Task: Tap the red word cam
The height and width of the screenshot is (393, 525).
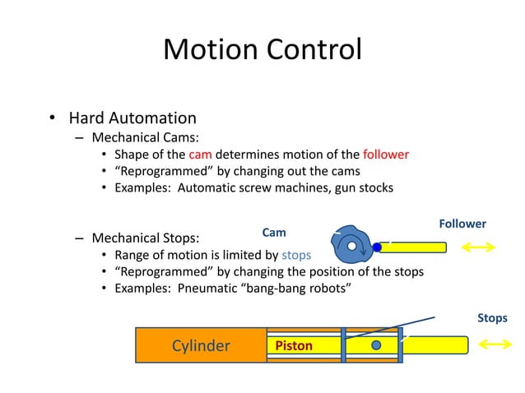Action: (200, 154)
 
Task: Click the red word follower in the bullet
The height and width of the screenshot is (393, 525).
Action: (385, 154)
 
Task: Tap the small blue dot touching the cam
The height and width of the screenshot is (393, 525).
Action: (377, 247)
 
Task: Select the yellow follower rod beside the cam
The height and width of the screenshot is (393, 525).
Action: (416, 247)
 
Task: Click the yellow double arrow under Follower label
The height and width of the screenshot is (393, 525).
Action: (478, 247)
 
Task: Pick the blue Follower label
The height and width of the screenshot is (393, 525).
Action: (462, 224)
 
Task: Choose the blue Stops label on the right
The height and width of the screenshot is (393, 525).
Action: (492, 317)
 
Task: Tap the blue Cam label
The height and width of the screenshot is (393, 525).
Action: (273, 233)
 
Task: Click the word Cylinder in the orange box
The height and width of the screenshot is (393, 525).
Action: (200, 345)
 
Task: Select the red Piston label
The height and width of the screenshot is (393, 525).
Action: (294, 346)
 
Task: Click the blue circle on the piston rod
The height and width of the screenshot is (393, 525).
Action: (376, 344)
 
